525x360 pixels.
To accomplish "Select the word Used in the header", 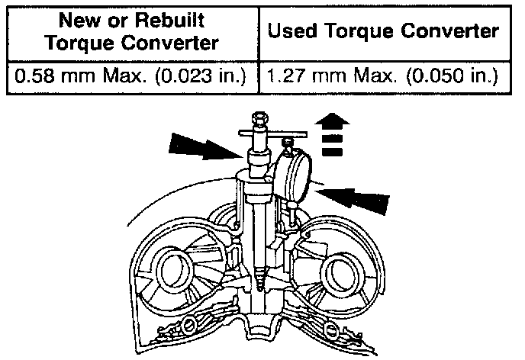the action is (x=296, y=32).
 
